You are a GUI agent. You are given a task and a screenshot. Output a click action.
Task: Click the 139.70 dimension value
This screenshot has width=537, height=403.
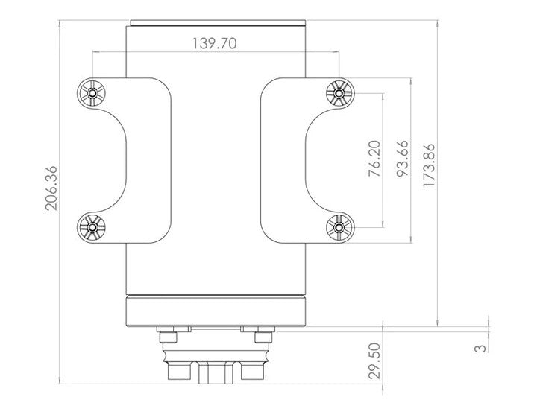[214, 43]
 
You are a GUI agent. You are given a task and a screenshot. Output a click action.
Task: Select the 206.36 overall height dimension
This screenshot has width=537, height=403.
[51, 188]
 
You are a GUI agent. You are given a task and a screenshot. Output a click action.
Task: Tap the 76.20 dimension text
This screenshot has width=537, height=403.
[374, 159]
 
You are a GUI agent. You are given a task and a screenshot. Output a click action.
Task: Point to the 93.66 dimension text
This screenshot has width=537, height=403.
[403, 159]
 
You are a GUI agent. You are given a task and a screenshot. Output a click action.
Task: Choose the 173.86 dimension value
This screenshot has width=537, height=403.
[429, 165]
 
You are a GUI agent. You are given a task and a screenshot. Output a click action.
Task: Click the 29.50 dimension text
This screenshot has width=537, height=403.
[374, 361]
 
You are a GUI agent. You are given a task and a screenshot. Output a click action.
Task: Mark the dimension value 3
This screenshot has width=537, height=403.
[480, 349]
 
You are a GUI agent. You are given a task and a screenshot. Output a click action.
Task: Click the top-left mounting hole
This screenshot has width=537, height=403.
[92, 93]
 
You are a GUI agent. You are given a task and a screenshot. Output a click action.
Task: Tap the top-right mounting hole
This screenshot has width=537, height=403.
[339, 93]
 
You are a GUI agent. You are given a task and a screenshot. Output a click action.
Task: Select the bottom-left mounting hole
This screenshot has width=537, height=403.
[92, 227]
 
